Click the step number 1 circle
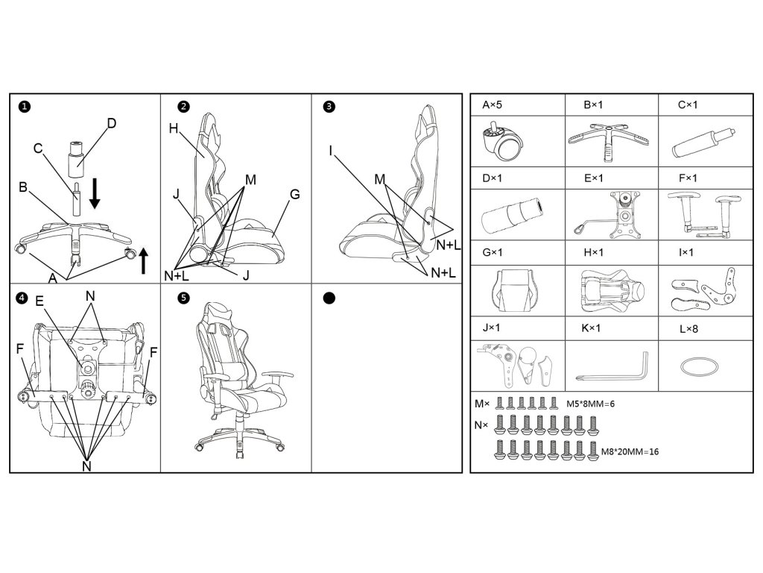25,107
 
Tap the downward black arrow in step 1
95,192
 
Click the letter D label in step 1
112,123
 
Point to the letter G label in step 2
294,195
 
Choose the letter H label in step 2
173,128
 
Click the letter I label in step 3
329,151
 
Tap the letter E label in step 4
39,301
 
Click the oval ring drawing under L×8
700,366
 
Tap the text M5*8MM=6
591,404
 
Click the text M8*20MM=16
630,451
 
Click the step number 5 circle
184,298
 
